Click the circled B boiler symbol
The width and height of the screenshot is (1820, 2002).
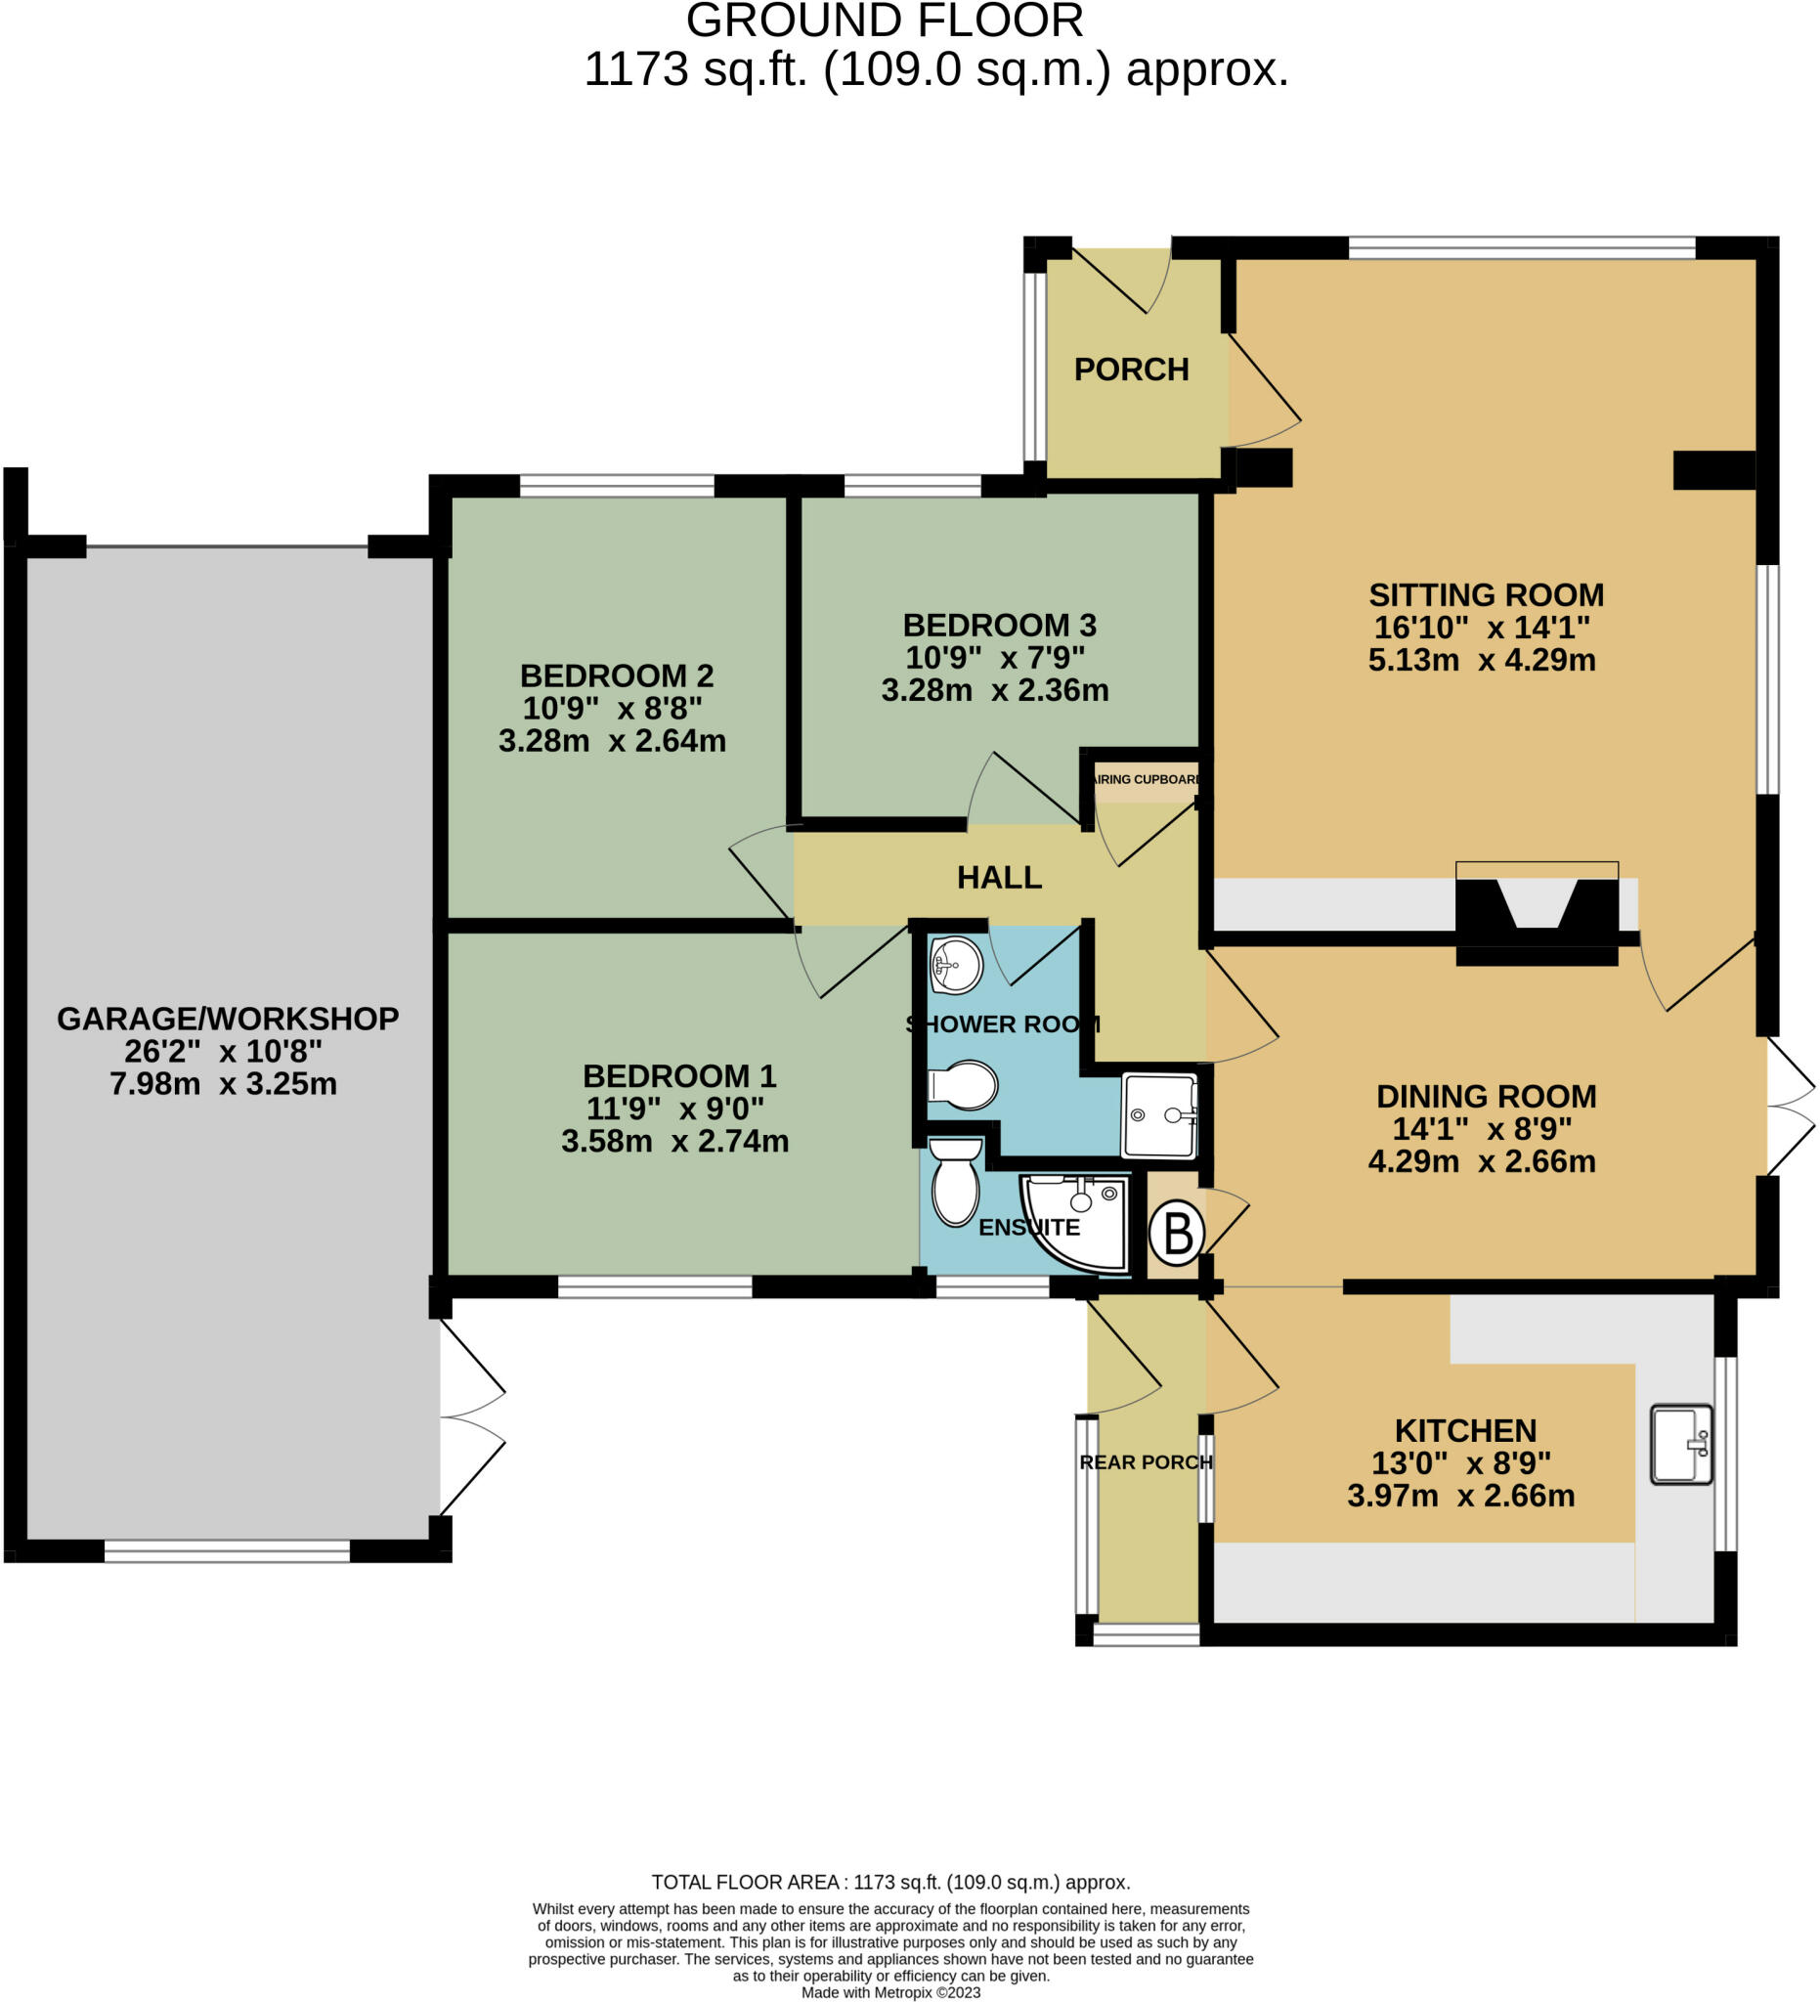[x=1177, y=1235]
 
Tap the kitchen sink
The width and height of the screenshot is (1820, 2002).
[x=1680, y=1444]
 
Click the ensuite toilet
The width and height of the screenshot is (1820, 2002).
[x=955, y=1184]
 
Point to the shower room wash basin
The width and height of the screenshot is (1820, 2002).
[x=956, y=963]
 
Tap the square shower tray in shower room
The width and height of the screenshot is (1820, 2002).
[x=1158, y=1115]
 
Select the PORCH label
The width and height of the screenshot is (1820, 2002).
[x=1131, y=370]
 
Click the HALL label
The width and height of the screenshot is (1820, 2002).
[x=999, y=877]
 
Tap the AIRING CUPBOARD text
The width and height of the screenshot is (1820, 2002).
[x=1146, y=779]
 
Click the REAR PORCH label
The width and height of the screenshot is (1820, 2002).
[x=1146, y=1461]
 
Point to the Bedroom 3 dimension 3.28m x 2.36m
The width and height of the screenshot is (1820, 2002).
[x=995, y=690]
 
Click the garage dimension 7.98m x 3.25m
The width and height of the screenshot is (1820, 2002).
[x=224, y=1083]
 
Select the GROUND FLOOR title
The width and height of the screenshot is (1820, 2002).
[x=885, y=21]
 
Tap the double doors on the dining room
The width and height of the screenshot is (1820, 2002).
[x=1791, y=1105]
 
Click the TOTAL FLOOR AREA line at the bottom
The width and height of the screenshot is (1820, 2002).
[x=890, y=1882]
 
